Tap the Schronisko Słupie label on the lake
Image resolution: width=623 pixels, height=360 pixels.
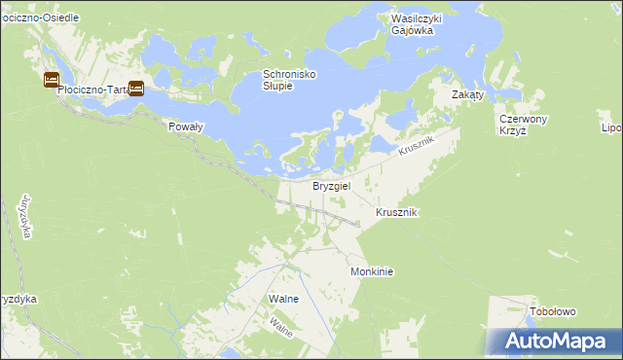pyautogui.click(x=290, y=80)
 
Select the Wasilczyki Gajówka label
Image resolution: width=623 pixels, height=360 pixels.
pyautogui.click(x=412, y=24)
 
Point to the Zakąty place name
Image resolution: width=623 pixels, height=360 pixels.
pyautogui.click(x=474, y=94)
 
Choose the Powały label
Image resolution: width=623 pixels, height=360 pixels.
pyautogui.click(x=185, y=127)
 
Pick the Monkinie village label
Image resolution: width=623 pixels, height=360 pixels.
pyautogui.click(x=372, y=272)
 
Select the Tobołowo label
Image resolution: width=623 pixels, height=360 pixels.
pyautogui.click(x=553, y=311)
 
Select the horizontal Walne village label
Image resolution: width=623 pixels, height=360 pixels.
pyautogui.click(x=283, y=299)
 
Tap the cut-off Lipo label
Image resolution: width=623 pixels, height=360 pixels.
pyautogui.click(x=611, y=127)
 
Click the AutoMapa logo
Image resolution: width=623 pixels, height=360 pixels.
pyautogui.click(x=556, y=341)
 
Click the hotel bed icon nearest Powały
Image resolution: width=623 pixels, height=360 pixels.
pyautogui.click(x=136, y=89)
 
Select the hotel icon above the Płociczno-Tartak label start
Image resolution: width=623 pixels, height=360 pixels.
pyautogui.click(x=51, y=80)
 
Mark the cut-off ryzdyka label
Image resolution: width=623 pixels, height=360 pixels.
pyautogui.click(x=18, y=299)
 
